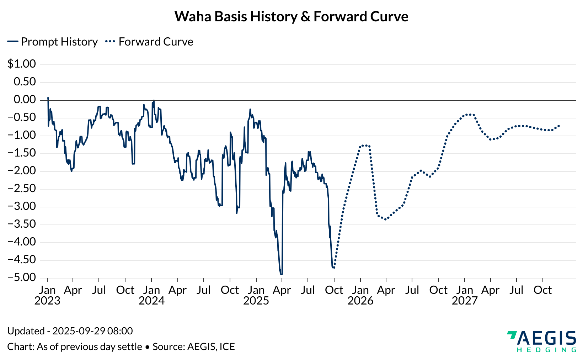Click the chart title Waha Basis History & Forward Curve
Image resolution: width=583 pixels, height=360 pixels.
(291, 17)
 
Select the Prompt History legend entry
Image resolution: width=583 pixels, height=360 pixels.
(53, 42)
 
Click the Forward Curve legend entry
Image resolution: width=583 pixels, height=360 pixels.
(150, 42)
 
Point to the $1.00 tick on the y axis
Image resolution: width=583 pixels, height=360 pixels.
(22, 64)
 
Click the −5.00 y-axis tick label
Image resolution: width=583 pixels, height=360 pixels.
(22, 277)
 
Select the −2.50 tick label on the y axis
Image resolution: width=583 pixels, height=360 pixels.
(22, 189)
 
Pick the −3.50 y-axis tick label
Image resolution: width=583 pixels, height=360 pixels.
(22, 224)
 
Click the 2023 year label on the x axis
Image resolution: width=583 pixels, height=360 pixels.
(47, 301)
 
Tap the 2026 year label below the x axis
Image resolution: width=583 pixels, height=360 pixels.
(360, 301)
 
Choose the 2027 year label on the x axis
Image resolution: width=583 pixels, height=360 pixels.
(465, 301)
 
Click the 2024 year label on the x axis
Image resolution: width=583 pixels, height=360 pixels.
(152, 301)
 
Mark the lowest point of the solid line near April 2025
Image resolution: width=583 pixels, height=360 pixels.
(281, 274)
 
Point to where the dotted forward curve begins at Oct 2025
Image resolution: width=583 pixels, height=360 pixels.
(334, 268)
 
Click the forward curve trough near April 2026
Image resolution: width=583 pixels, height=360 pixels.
(385, 219)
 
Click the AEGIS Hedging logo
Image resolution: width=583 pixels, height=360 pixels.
(541, 341)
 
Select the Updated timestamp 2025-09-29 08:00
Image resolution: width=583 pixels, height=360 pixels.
(92, 331)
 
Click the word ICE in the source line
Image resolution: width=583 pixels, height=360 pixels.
(227, 347)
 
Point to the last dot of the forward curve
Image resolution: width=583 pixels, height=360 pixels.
(559, 126)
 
